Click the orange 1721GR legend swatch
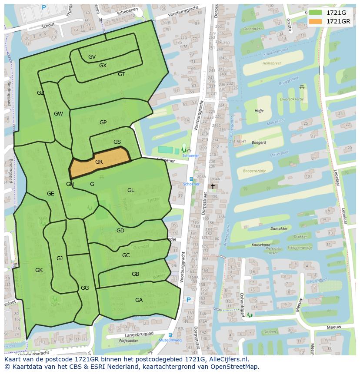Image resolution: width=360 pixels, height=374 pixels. point(316,21)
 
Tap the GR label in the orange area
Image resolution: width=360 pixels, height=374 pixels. point(99,162)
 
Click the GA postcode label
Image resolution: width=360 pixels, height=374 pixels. point(139,300)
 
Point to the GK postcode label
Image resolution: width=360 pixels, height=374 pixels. point(39,270)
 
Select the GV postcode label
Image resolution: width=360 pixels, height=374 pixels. point(92,57)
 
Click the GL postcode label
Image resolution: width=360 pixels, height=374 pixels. point(130,190)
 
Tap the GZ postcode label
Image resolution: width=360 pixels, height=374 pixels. point(40,93)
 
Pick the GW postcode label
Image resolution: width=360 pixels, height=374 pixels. point(58,114)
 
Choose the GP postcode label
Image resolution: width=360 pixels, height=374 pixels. point(103,122)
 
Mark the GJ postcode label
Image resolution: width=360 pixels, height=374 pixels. point(60,258)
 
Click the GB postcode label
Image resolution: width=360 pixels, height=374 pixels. point(135,274)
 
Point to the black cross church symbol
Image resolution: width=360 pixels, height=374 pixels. point(213,186)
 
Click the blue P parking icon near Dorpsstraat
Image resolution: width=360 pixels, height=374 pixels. point(189,300)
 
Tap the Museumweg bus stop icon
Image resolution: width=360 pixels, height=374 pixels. point(170,335)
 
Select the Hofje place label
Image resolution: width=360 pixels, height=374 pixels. point(259,111)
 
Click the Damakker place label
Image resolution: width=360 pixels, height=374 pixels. point(279,228)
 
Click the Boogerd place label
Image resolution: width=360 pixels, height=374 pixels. point(259,142)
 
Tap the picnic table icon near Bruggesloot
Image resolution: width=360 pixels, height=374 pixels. point(301,87)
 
